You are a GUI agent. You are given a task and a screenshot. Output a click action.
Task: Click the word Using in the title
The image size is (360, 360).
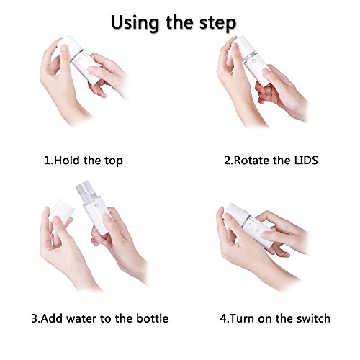tap(135, 23)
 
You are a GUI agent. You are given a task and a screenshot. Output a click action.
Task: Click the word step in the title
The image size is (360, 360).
tap(217, 24)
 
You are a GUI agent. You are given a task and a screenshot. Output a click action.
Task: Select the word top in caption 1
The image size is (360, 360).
tap(114, 161)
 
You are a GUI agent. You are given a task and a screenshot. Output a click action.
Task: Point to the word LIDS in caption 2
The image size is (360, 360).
tap(306, 160)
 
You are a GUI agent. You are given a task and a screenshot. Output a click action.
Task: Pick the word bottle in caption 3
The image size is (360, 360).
tap(153, 318)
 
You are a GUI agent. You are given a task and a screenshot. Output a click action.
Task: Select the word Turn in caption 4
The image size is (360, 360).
tap(243, 318)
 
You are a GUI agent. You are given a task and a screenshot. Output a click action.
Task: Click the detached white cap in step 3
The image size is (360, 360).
tap(62, 212)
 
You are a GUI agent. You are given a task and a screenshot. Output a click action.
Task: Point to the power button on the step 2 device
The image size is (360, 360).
tap(254, 62)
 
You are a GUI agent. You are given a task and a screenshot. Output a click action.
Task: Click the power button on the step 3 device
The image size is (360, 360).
tap(96, 207)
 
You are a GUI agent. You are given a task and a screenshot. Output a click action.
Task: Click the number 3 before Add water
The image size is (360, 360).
tap(35, 318)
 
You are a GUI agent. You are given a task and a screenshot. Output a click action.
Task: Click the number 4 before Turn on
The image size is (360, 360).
tap(223, 318)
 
